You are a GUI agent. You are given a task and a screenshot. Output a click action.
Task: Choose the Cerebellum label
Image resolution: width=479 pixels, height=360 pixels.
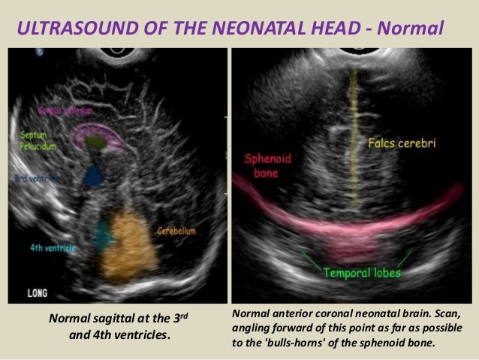click(x=176, y=231)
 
